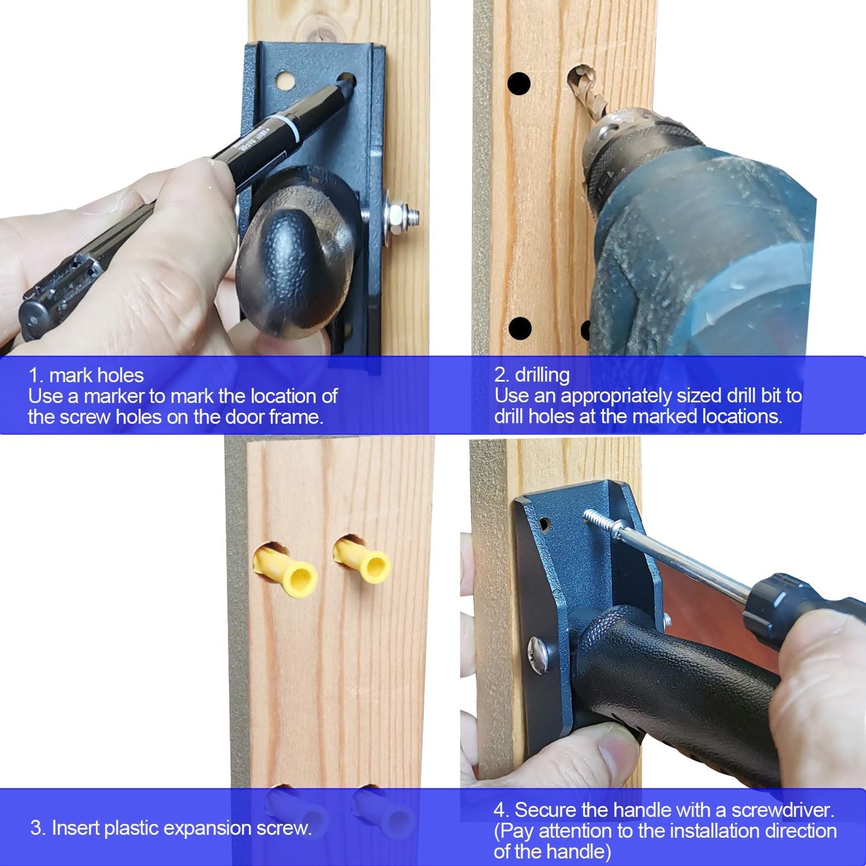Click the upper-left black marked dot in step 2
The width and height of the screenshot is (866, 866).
click(x=519, y=83)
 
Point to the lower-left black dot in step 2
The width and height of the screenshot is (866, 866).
click(x=520, y=328)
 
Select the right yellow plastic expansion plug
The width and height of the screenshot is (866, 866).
click(x=363, y=559)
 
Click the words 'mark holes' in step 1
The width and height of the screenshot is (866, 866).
click(x=96, y=375)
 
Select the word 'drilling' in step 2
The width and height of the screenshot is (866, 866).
click(x=542, y=375)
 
